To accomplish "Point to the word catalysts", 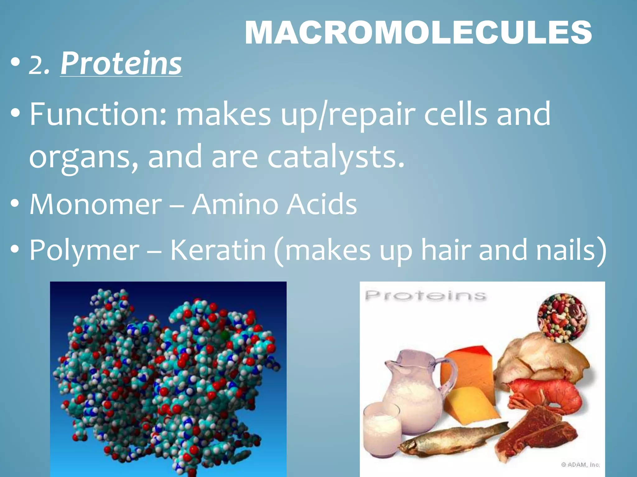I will point(336,157).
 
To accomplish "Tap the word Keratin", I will point(218,250).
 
